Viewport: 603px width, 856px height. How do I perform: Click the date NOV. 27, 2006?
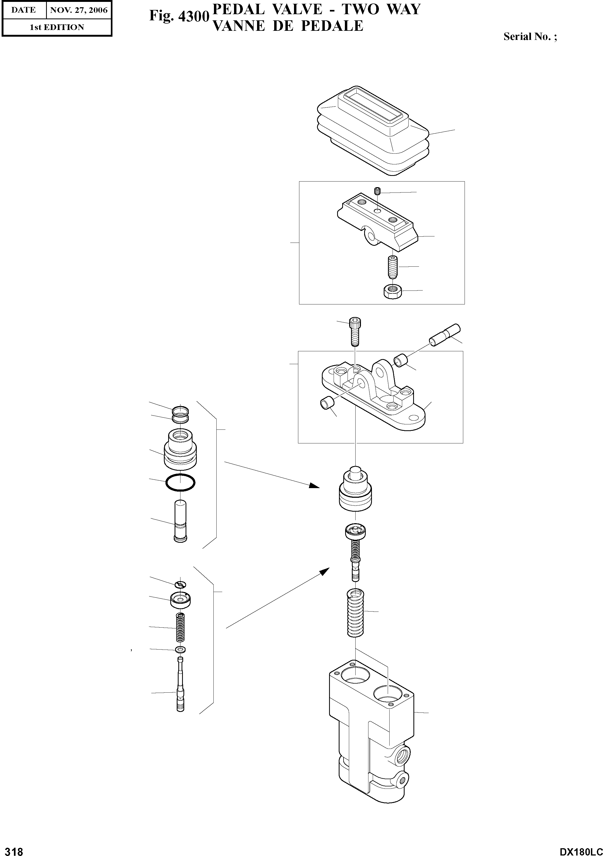pyautogui.click(x=79, y=10)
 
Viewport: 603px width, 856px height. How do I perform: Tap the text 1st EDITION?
pyautogui.click(x=57, y=27)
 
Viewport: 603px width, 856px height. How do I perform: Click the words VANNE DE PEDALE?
pyautogui.click(x=288, y=26)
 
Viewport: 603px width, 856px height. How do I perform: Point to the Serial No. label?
pyautogui.click(x=530, y=36)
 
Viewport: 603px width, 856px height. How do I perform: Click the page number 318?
pyautogui.click(x=12, y=851)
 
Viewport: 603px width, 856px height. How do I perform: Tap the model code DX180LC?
pyautogui.click(x=580, y=851)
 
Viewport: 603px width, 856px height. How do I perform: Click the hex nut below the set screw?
pyautogui.click(x=392, y=291)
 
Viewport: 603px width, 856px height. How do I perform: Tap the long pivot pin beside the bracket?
pyautogui.click(x=445, y=335)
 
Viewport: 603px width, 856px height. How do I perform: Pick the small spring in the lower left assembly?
pyautogui.click(x=180, y=627)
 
